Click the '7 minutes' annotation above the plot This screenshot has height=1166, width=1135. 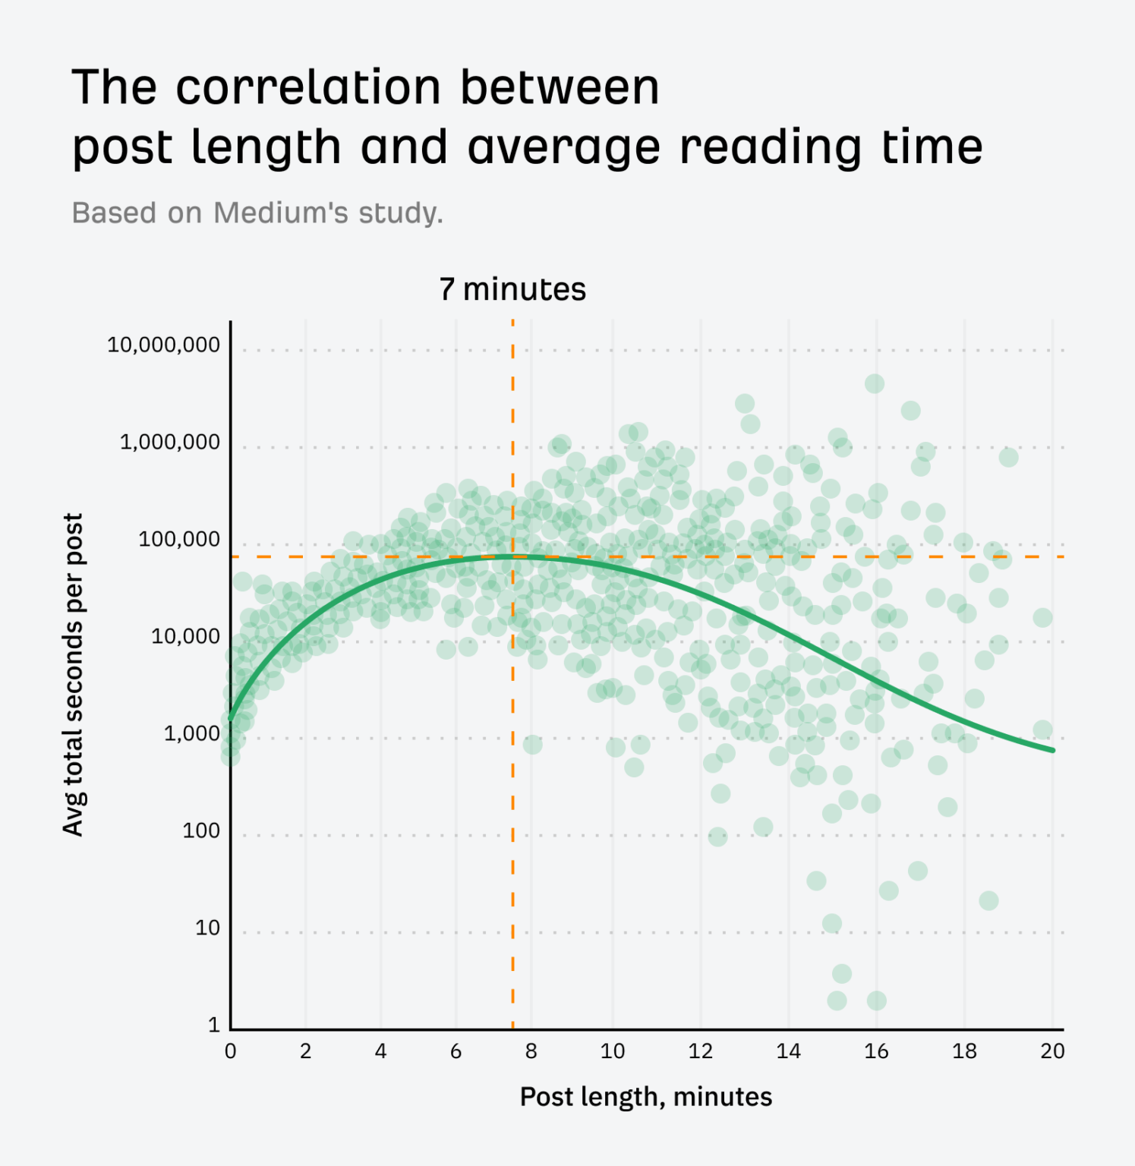[x=512, y=289]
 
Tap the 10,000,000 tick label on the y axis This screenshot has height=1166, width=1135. [x=163, y=345]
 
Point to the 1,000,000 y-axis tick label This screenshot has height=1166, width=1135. [x=169, y=442]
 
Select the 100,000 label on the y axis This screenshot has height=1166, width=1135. [x=178, y=539]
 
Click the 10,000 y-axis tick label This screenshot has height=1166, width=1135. [x=185, y=636]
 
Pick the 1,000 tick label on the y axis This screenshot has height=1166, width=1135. [x=191, y=733]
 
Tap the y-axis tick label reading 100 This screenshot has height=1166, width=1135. [x=200, y=830]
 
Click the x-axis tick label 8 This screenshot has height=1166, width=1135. [x=531, y=1051]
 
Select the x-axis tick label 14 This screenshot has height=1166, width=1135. [x=788, y=1051]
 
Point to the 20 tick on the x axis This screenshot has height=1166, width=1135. [x=1052, y=1051]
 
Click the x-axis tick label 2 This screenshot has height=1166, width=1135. [x=305, y=1051]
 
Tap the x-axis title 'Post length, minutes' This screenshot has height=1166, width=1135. [x=645, y=1097]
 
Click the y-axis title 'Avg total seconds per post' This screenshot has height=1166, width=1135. [x=73, y=674]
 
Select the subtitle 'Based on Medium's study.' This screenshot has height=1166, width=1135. [x=257, y=213]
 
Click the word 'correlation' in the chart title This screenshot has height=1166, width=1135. [x=308, y=87]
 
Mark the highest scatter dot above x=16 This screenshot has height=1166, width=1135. [x=875, y=383]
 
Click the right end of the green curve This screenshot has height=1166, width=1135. [x=1052, y=750]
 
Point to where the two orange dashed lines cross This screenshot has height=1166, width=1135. [x=512, y=556]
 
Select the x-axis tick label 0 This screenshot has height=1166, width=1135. [x=230, y=1051]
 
